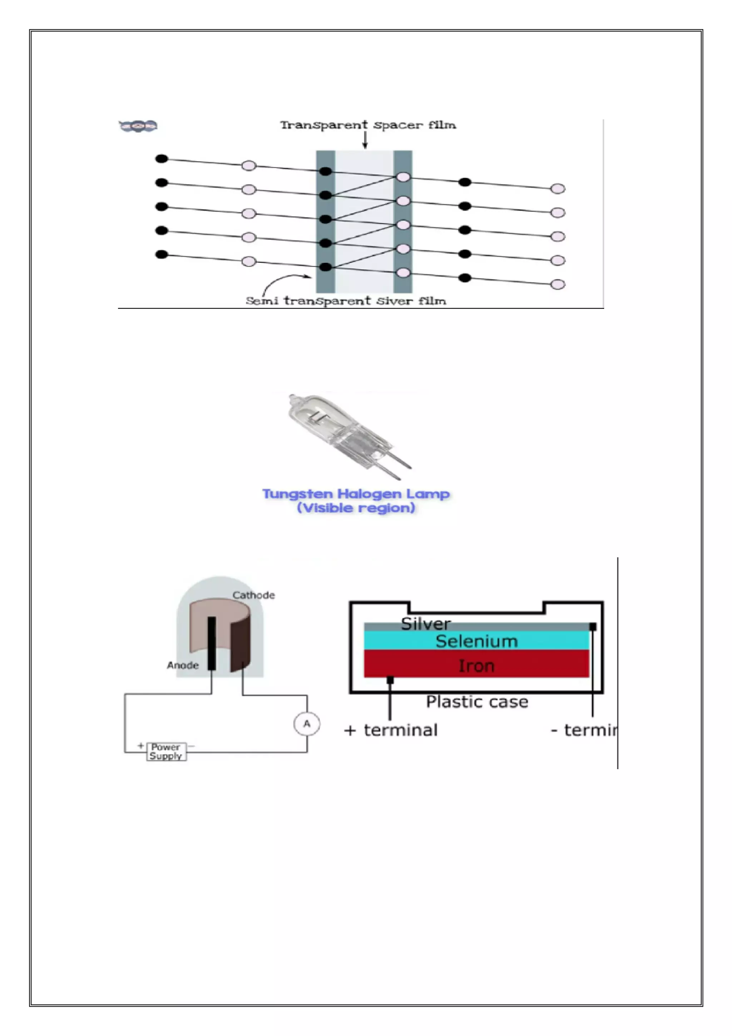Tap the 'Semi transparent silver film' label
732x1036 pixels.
pyautogui.click(x=346, y=301)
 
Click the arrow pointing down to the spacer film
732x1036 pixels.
pyautogui.click(x=365, y=140)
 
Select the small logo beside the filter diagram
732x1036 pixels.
pyautogui.click(x=138, y=126)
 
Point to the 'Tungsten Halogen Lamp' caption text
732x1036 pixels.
pyautogui.click(x=356, y=494)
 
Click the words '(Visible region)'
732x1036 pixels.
pyautogui.click(x=356, y=508)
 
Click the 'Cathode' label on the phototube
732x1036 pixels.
pyautogui.click(x=253, y=595)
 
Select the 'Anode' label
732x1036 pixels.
pyautogui.click(x=183, y=665)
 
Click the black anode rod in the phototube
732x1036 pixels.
pyautogui.click(x=212, y=643)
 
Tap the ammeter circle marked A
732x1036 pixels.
pyautogui.click(x=307, y=724)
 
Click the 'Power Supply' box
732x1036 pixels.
pyautogui.click(x=166, y=751)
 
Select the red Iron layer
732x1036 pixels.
pyautogui.click(x=476, y=665)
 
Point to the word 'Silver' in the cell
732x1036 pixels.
pyautogui.click(x=426, y=624)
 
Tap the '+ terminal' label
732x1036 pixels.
pyautogui.click(x=391, y=730)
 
